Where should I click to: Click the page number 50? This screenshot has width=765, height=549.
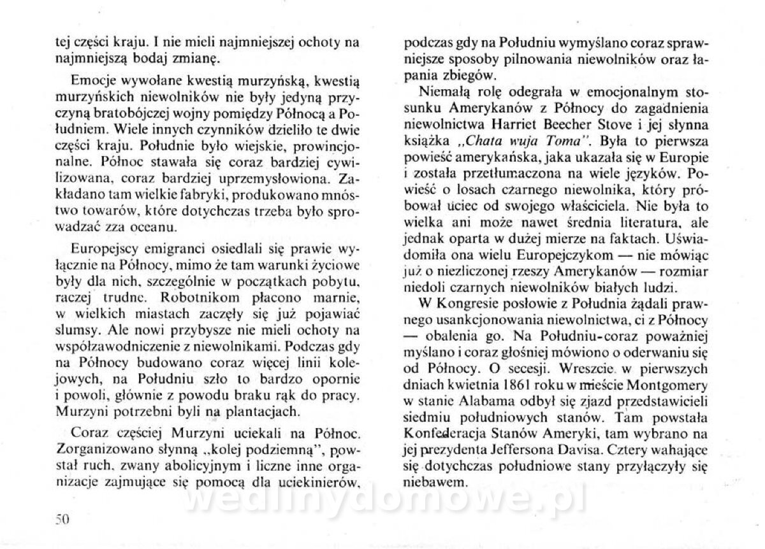pyautogui.click(x=61, y=518)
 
